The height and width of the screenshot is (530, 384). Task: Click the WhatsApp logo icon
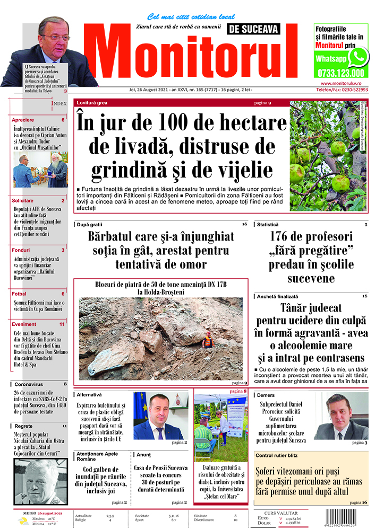pyautogui.click(x=360, y=56)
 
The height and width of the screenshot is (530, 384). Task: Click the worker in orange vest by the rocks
pyautogui.click(x=208, y=340)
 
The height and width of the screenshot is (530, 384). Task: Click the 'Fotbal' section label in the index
pyautogui.click(x=19, y=294)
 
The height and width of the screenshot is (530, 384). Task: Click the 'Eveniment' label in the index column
pyautogui.click(x=24, y=324)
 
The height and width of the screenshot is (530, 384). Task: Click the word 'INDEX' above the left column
pyautogui.click(x=58, y=103)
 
